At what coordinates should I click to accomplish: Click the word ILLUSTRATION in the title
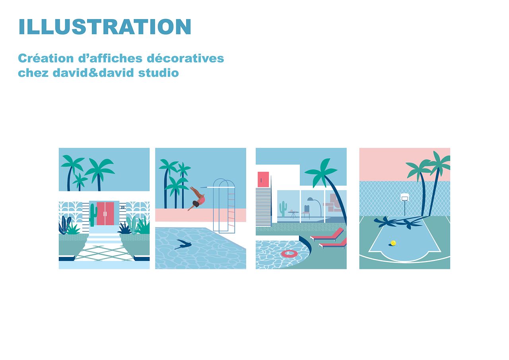tap(105, 27)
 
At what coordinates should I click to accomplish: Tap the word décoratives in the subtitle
tap(185, 58)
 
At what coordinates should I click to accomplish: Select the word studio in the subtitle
tap(159, 73)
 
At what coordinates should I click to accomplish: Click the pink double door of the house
tap(105, 213)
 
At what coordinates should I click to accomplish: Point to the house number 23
tap(123, 207)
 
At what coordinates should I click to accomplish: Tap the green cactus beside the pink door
tap(93, 214)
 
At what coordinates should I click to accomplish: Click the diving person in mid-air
tap(197, 198)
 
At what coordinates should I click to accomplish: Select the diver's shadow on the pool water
tap(183, 244)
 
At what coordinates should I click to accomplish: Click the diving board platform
tap(218, 187)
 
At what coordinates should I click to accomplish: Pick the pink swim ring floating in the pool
tap(289, 254)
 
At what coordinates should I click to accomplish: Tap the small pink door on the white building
tap(263, 179)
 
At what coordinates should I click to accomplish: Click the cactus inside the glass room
tap(283, 208)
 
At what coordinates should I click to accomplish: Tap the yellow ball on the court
tap(393, 243)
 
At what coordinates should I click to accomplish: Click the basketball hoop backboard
tap(404, 197)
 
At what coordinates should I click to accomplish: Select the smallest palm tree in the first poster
tap(80, 181)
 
